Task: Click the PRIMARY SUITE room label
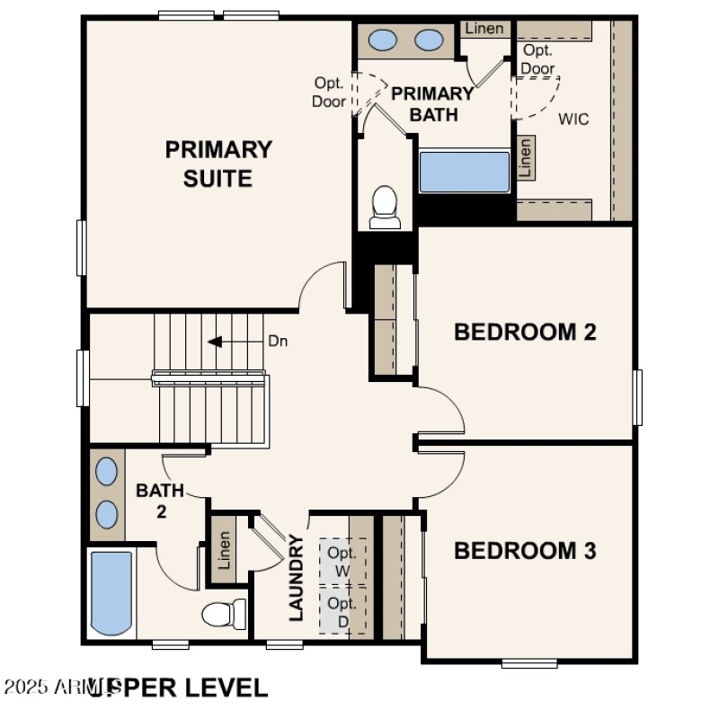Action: click(x=217, y=163)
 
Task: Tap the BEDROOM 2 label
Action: click(x=525, y=332)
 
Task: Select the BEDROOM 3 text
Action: click(x=525, y=550)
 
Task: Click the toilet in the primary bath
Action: click(x=385, y=207)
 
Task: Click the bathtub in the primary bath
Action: click(x=465, y=172)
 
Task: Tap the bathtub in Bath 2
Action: click(x=111, y=593)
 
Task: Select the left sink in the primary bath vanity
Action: click(x=385, y=40)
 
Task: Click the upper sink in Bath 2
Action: click(x=106, y=471)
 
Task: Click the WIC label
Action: click(x=573, y=119)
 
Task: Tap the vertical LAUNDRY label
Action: click(x=296, y=578)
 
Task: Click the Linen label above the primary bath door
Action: click(x=484, y=29)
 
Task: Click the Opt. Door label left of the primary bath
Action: click(x=329, y=92)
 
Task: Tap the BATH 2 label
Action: click(x=159, y=501)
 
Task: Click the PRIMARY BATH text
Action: click(x=432, y=103)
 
